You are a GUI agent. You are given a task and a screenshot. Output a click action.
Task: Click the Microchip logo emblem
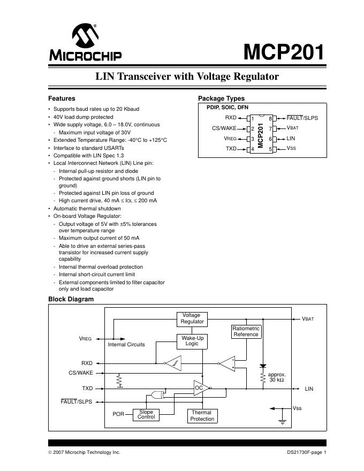pyautogui.click(x=85, y=36)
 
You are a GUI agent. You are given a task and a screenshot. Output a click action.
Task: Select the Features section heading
pyautogui.click(x=62, y=98)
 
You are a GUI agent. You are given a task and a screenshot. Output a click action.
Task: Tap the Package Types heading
pyautogui.click(x=221, y=98)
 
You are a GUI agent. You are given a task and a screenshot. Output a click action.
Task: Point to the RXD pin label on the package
pyautogui.click(x=231, y=118)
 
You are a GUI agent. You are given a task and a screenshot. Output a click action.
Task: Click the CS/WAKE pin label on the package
pyautogui.click(x=224, y=128)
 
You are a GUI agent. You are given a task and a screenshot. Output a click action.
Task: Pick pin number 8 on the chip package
pyautogui.click(x=270, y=118)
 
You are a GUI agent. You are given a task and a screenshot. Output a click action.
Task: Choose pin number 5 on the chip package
pyautogui.click(x=270, y=149)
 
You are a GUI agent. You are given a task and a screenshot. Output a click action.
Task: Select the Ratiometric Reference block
pyautogui.click(x=246, y=331)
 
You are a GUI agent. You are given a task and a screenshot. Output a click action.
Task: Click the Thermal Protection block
pyautogui.click(x=202, y=416)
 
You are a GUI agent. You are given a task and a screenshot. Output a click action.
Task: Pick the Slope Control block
pyautogui.click(x=146, y=414)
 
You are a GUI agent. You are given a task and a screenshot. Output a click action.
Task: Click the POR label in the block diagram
pyautogui.click(x=118, y=414)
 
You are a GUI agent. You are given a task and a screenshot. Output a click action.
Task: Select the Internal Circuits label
pyautogui.click(x=126, y=345)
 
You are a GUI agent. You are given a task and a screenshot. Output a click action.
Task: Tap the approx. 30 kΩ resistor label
pyautogui.click(x=277, y=377)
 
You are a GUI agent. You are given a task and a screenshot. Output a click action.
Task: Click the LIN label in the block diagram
pyautogui.click(x=309, y=389)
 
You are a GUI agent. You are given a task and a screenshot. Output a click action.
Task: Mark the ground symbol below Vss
pyautogui.click(x=282, y=422)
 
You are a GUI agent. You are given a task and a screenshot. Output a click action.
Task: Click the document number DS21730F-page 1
pyautogui.click(x=306, y=452)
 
